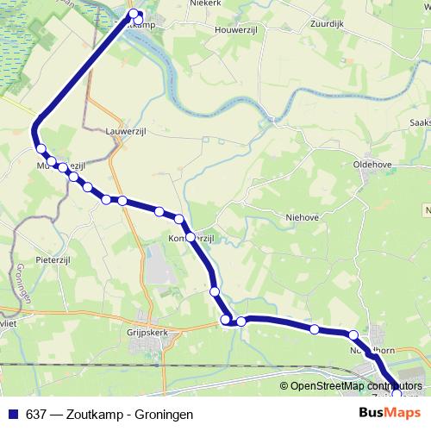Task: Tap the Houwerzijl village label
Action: (x=237, y=26)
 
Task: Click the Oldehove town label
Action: (x=372, y=161)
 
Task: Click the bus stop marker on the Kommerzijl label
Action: (x=190, y=236)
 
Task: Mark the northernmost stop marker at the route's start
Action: (x=133, y=13)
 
